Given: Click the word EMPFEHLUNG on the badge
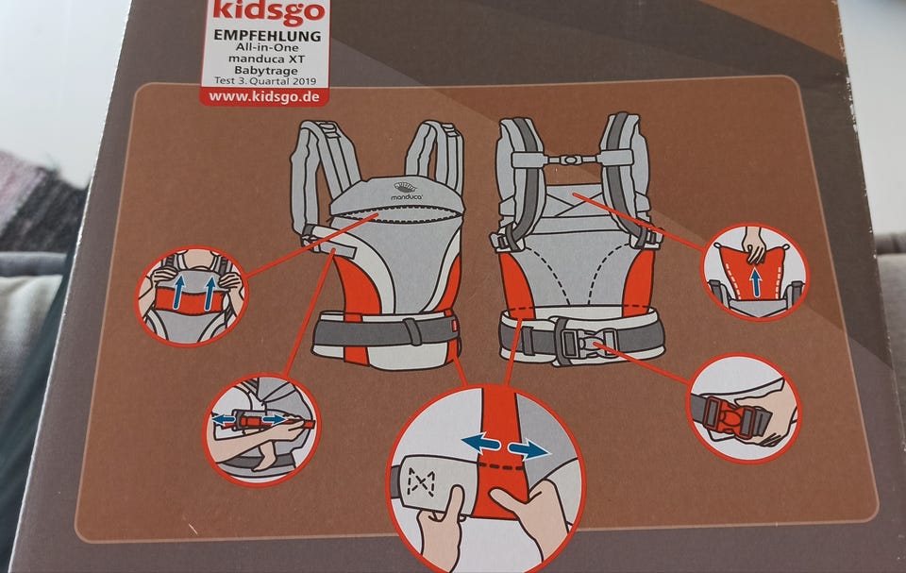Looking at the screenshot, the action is [x=267, y=35].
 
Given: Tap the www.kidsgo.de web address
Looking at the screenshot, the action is [x=264, y=96].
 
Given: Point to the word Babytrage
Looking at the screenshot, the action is [x=266, y=71].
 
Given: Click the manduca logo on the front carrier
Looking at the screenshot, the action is [x=407, y=192].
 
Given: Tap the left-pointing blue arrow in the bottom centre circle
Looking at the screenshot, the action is [x=480, y=444].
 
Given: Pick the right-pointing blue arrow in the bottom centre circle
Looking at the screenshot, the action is [x=528, y=449].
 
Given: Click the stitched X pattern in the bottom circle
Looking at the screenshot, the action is [x=421, y=482].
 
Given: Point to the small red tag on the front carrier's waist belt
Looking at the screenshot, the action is [x=455, y=326].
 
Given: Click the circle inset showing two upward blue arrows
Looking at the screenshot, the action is [x=192, y=296].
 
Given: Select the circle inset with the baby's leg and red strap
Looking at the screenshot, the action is [x=261, y=429].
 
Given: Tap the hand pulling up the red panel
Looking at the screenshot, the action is [x=753, y=243].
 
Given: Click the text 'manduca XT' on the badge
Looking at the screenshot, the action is [x=266, y=59].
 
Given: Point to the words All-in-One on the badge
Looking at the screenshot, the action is [x=267, y=47].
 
